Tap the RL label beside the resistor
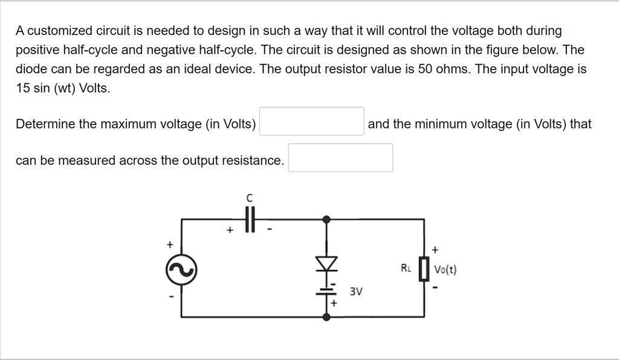tap(406, 267)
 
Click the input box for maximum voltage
tap(311, 121)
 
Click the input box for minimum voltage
tap(340, 158)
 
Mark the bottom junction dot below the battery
tap(327, 317)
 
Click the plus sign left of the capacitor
tap(229, 230)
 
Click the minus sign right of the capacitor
tap(270, 230)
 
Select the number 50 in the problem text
tap(425, 69)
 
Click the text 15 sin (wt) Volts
tap(63, 88)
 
